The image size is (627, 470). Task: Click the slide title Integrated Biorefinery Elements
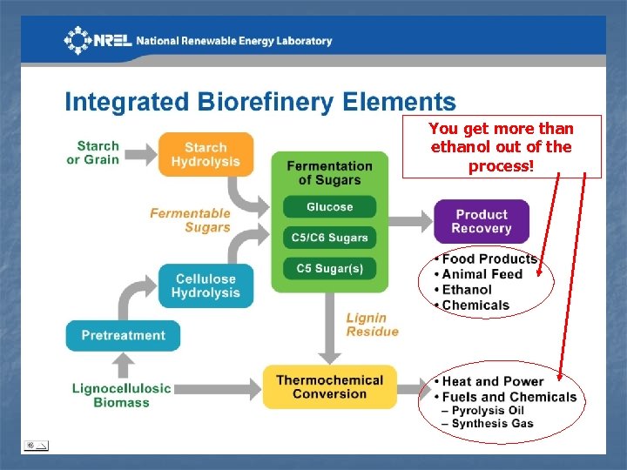260,102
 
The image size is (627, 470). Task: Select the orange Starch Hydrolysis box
206,154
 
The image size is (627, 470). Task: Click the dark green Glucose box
329,207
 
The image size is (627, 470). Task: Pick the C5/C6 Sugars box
329,238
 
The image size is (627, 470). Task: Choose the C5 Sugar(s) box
329,268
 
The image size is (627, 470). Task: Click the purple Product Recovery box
482,221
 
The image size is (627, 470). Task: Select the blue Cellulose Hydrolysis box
206,285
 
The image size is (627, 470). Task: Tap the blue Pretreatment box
123,335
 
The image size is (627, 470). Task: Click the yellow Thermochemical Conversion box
329,386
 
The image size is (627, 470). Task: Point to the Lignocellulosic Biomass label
122,394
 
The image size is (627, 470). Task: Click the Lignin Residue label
372,325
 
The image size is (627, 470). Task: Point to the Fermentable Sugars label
190,220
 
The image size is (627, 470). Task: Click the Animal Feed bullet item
482,274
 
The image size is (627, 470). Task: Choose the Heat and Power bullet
492,381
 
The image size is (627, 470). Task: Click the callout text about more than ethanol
501,146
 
